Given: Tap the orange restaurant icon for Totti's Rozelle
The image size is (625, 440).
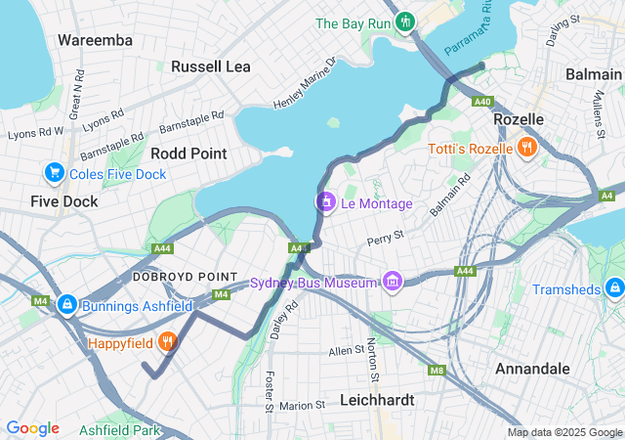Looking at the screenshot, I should pos(526,149).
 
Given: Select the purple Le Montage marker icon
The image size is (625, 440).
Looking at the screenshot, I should pos(325,202).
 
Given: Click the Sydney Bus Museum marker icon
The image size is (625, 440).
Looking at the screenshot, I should pos(393,283).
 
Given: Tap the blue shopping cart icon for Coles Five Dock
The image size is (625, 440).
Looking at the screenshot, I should pos(54,174).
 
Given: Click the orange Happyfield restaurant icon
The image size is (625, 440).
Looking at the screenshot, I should pos(168,343).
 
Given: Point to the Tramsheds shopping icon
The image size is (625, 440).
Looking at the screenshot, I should pos(613,289).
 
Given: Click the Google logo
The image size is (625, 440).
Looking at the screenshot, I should pos(32,428).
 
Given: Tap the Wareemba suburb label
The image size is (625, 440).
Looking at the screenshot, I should pos(95,40).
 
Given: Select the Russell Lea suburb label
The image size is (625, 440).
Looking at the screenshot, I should pos(211,66).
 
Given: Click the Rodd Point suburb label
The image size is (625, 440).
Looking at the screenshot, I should pos(188,154).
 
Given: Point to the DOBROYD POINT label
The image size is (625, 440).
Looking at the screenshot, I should pos(172,277).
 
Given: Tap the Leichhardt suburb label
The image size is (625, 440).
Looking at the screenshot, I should pos(377,400).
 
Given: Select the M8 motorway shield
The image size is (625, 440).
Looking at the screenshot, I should pos(437,370).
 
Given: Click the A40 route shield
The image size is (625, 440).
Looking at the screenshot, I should pos(481,101).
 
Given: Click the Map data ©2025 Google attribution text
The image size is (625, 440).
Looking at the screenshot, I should pos(564,432).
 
